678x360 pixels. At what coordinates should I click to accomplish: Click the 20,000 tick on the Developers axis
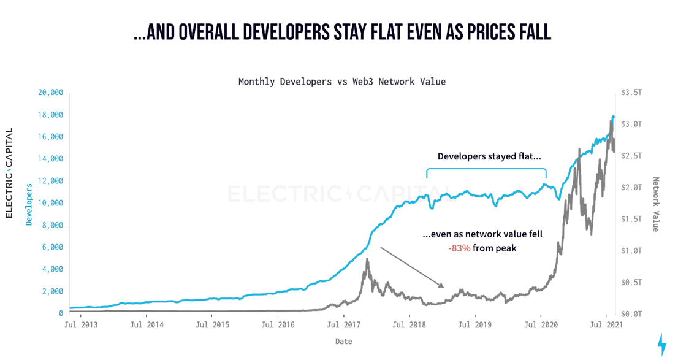click(50, 93)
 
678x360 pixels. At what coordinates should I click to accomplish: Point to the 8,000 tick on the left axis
click(52, 225)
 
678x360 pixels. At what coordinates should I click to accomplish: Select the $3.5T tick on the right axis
click(631, 93)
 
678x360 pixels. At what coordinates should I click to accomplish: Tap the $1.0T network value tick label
click(631, 250)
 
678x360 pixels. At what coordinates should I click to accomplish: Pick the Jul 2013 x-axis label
click(80, 324)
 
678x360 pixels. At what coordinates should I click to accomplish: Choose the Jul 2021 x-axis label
click(607, 324)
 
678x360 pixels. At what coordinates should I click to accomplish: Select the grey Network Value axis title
click(655, 204)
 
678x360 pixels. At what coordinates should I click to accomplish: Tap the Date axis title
click(344, 341)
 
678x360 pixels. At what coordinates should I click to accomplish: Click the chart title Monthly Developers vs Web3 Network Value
click(341, 82)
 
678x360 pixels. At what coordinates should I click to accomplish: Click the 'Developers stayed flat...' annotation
click(485, 156)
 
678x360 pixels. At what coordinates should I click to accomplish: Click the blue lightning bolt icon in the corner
click(661, 344)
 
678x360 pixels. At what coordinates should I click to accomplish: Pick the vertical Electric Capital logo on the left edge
click(9, 173)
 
